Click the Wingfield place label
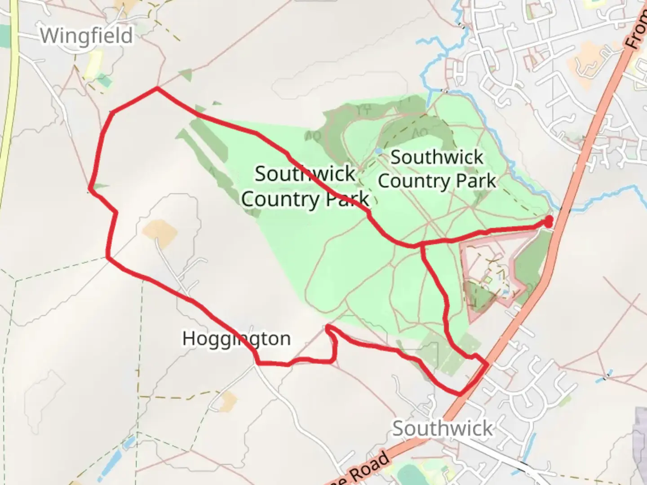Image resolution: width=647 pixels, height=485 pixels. coord(86,36)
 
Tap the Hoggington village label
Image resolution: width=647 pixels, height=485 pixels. coord(236,339)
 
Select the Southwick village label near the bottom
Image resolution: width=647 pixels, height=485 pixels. coord(443,428)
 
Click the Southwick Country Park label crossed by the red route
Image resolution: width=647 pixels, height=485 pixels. coord(305,186)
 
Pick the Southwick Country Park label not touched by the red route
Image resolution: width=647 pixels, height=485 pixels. coord(437,169)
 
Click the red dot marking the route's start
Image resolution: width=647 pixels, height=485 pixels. coord(549,220)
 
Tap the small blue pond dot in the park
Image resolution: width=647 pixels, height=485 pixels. coord(379,151)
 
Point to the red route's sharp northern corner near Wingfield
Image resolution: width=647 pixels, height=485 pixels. coord(157,88)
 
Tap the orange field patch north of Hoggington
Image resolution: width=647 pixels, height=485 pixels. coord(160,232)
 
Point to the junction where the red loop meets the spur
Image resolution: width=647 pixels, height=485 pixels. coord(421,246)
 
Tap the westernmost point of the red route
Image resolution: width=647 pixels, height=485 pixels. coord(90,190)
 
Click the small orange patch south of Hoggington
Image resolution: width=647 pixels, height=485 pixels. coord(229,400)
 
